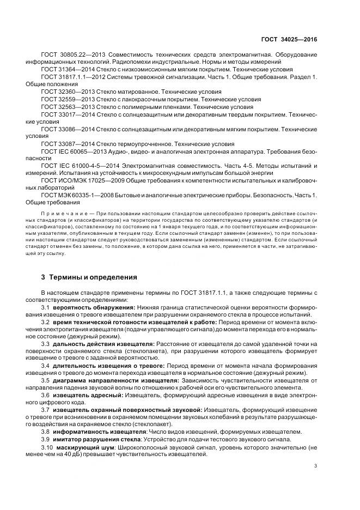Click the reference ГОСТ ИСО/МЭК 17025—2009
pyautogui.click(x=77, y=180)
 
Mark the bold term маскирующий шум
pyautogui.click(x=82, y=447)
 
